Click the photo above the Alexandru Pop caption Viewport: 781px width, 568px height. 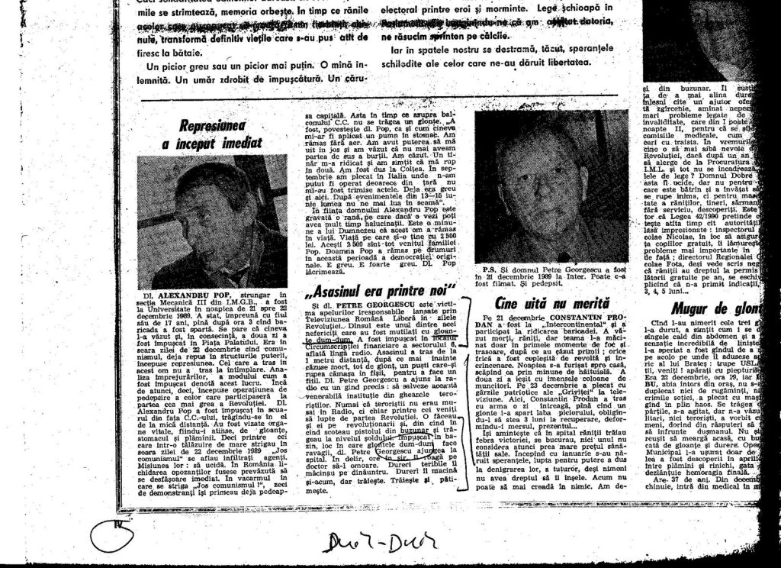click(x=215, y=221)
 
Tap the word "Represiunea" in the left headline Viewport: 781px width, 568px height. click(x=211, y=126)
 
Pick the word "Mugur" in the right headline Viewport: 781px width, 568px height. click(x=691, y=308)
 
